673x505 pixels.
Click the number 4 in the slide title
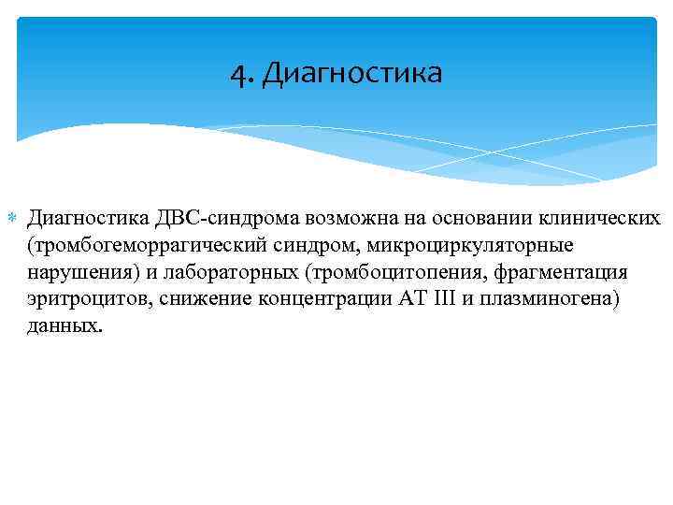click(x=236, y=73)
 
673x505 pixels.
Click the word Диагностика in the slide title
click(x=352, y=73)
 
